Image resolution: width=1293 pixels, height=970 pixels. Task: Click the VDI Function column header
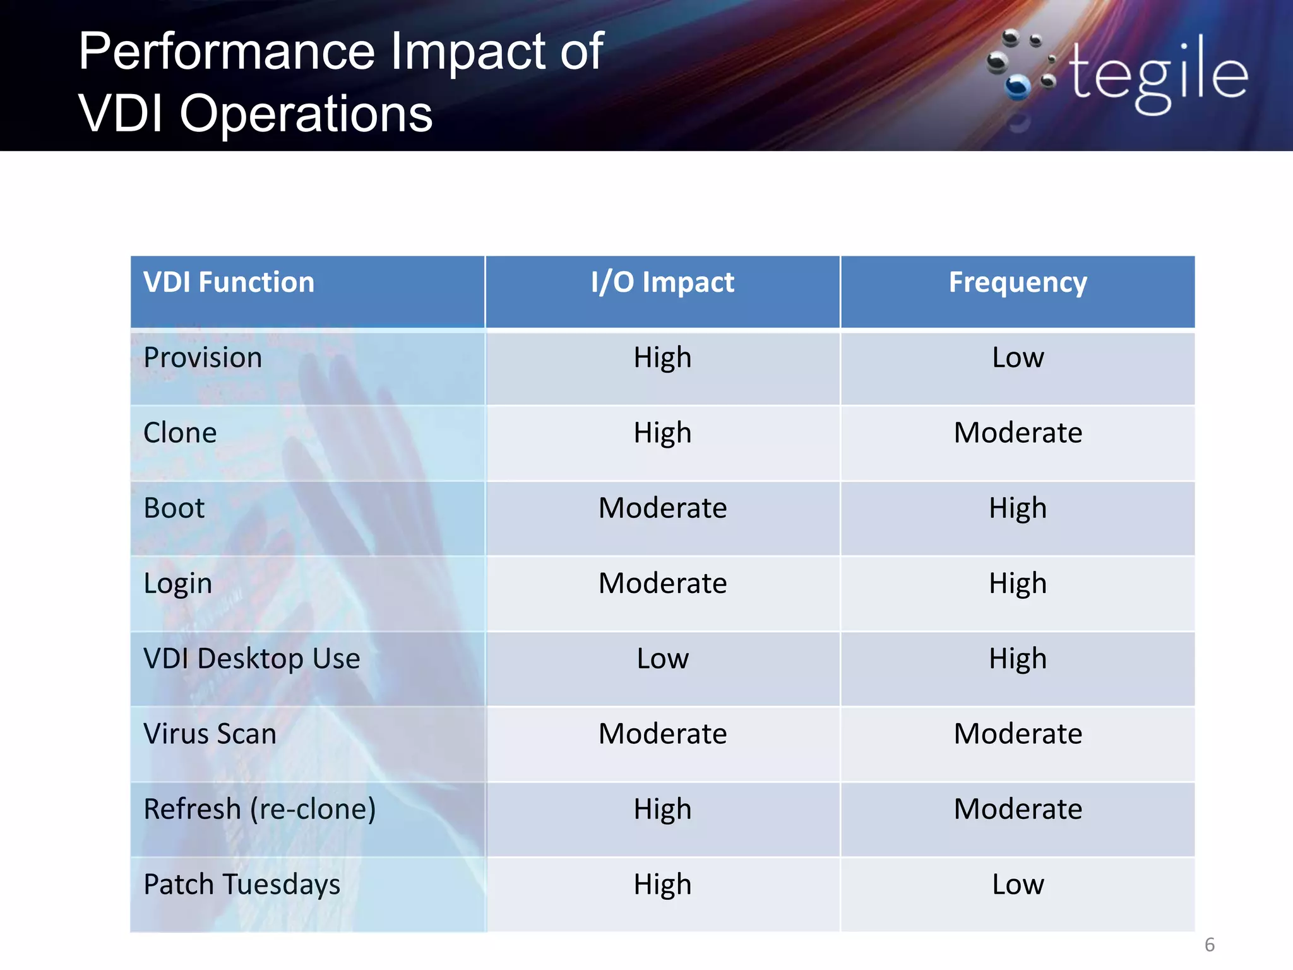point(229,282)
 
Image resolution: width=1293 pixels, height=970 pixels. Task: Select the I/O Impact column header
point(662,282)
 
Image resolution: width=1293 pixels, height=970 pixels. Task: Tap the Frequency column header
point(1018,282)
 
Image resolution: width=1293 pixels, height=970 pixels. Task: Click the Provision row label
point(203,357)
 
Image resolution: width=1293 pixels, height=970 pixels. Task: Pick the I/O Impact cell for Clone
point(662,433)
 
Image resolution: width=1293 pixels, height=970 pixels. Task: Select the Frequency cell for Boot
point(1018,508)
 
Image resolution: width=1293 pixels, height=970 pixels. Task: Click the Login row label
point(177,584)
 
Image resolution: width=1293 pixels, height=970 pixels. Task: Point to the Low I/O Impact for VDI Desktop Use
point(662,659)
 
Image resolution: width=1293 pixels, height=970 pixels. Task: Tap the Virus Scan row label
point(210,734)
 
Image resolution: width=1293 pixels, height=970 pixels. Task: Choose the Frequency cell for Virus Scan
point(1018,734)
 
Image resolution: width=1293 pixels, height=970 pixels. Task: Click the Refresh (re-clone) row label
point(259,809)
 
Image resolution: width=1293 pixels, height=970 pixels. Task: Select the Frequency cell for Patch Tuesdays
point(1018,884)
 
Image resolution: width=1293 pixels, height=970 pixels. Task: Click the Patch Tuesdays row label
point(242,884)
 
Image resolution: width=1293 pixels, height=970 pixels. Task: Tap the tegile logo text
point(1159,75)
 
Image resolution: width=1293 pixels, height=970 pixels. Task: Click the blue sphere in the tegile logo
point(1017,88)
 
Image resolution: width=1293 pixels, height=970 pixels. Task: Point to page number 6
point(1209,945)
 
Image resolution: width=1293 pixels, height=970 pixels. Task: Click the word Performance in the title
point(227,52)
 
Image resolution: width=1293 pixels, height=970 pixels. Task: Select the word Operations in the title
point(306,114)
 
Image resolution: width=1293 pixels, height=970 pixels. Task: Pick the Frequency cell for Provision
point(1018,357)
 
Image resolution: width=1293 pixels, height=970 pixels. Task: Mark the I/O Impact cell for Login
point(662,584)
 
